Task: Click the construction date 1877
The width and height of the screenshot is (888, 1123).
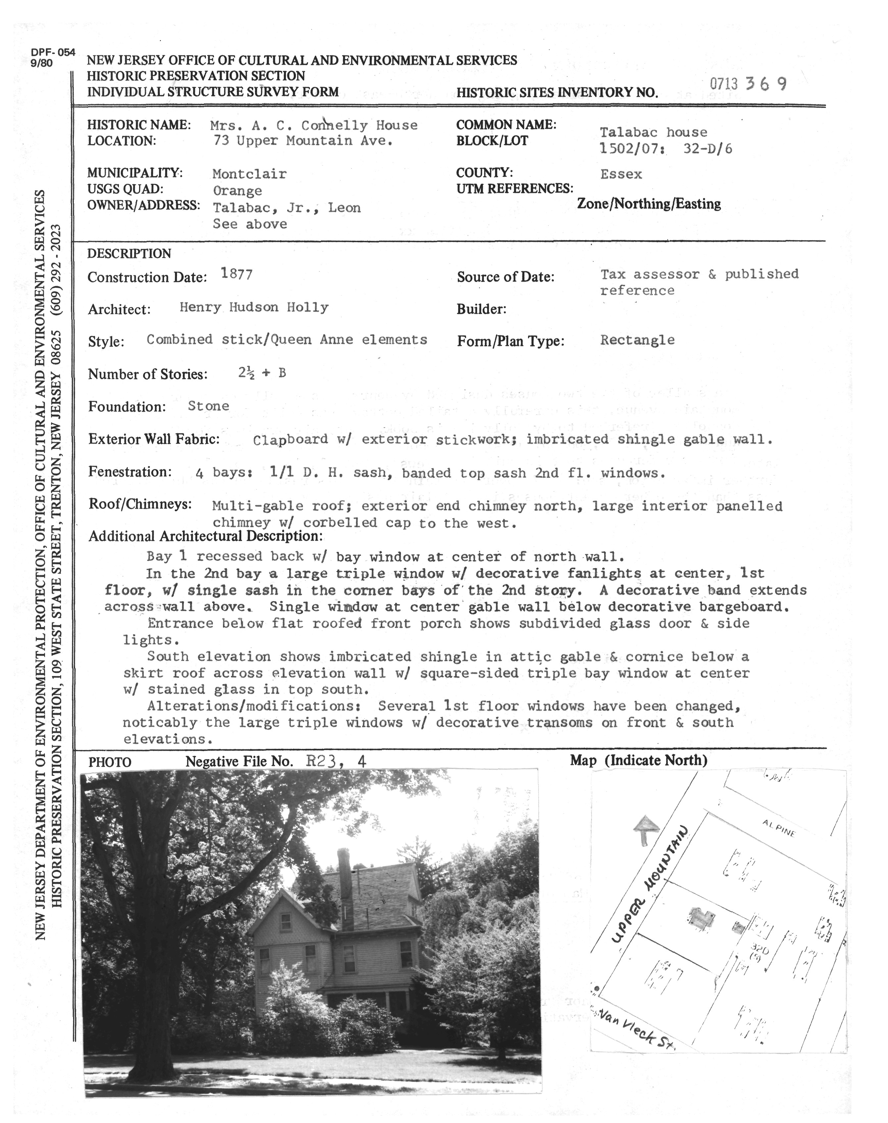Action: (236, 274)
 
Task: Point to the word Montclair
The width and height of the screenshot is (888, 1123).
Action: (249, 174)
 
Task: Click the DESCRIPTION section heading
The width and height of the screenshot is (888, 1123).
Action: (129, 254)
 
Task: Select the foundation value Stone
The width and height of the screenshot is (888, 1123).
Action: (208, 406)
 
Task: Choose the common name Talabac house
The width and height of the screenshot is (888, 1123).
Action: (653, 132)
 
